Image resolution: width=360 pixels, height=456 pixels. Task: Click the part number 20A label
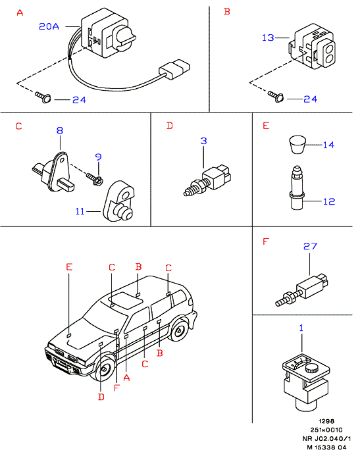pos(49,26)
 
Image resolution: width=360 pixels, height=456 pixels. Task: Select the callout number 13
pos(268,38)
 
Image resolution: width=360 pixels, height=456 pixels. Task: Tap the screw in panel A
pos(43,97)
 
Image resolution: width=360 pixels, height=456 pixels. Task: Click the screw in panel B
pos(276,96)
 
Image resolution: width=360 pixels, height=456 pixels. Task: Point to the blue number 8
pos(60,130)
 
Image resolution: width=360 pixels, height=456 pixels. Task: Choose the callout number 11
pos(80,211)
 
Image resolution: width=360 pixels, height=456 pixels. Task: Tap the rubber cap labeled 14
pos(297,144)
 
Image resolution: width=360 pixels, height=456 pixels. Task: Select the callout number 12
pos(329,201)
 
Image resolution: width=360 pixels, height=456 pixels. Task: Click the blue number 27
pos(310,246)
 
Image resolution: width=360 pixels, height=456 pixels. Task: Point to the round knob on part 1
pos(312,369)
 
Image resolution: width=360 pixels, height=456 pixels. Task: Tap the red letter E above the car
pos(69,266)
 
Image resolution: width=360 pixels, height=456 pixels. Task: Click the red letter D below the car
pos(101,397)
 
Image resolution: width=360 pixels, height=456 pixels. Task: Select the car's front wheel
pos(103,368)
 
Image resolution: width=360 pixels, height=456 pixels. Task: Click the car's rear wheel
pos(178,330)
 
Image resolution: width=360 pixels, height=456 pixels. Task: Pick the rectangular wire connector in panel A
pos(174,69)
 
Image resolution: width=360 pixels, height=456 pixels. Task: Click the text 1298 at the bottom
pos(326,421)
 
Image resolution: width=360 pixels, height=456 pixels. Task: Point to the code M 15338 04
pos(327,447)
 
